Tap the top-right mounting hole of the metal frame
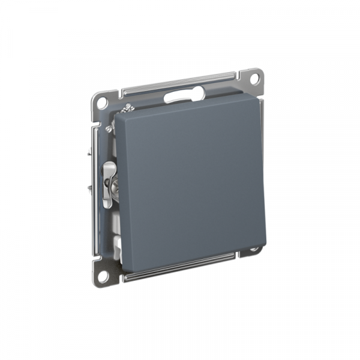(x=254, y=78)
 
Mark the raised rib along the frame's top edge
(x=180, y=83)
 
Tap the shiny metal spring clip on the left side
(x=109, y=180)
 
